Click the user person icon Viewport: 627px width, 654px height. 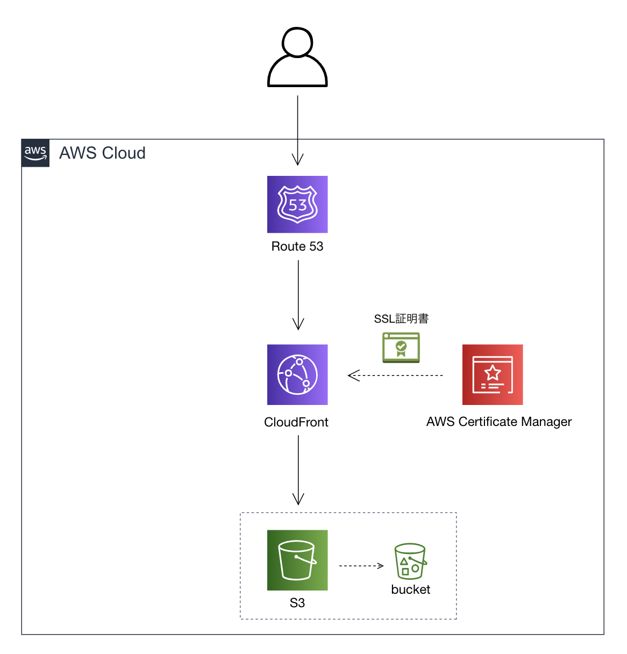(x=297, y=58)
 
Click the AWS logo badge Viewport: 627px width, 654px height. (x=35, y=153)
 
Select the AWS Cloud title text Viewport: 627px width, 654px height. (x=102, y=153)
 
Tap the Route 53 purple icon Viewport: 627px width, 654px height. (x=297, y=204)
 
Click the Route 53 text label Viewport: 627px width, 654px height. (x=297, y=246)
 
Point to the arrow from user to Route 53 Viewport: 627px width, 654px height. (x=297, y=129)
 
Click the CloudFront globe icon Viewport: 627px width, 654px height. (x=297, y=374)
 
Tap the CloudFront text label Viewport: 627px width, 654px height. (x=296, y=422)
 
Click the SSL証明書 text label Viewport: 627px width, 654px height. (x=401, y=319)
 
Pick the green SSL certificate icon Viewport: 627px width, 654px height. (x=401, y=347)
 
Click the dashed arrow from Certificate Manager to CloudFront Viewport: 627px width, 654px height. (x=395, y=375)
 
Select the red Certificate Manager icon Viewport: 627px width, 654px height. (x=493, y=374)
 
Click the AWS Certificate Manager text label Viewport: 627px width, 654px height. (x=499, y=422)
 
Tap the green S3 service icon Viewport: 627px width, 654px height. (x=297, y=560)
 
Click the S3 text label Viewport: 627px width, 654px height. (x=297, y=603)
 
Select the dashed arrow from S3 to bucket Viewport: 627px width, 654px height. (x=360, y=566)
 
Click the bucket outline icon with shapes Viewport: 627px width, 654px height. (x=410, y=561)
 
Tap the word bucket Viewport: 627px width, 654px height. (x=411, y=589)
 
